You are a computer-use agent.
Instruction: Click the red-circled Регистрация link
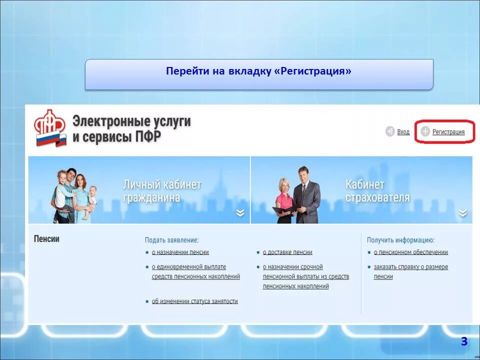[x=448, y=132]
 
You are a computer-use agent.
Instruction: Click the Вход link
[x=403, y=132]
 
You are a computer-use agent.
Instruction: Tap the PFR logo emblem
[x=50, y=128]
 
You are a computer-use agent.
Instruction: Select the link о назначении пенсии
[x=180, y=252]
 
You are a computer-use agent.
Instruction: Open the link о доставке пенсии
[x=287, y=252]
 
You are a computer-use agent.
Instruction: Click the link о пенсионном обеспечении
[x=410, y=252]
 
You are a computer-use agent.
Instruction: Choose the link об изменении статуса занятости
[x=194, y=301]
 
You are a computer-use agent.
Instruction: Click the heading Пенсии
[x=46, y=239]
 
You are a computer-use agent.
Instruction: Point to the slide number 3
[x=464, y=341]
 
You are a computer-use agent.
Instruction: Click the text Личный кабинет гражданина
[x=161, y=191]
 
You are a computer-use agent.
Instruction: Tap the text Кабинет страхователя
[x=377, y=191]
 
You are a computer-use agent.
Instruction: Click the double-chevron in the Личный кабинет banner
[x=240, y=213]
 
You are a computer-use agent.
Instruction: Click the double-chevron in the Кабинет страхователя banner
[x=463, y=213]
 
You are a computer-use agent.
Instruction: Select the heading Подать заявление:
[x=171, y=240]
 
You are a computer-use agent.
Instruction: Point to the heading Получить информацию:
[x=400, y=240]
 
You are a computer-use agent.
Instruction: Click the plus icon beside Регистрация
[x=425, y=132]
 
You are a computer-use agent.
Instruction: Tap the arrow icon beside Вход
[x=390, y=132]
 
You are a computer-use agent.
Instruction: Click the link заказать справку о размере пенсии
[x=410, y=271]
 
